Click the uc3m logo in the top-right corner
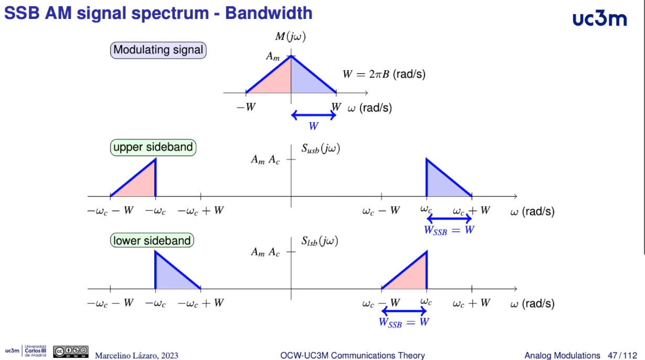(599, 19)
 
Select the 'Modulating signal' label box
(158, 50)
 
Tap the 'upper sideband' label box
(153, 147)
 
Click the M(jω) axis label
(290, 37)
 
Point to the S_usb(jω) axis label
(321, 149)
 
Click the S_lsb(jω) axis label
(320, 241)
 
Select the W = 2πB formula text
(384, 74)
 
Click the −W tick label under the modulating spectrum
(246, 107)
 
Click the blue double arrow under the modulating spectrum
(313, 115)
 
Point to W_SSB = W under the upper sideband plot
(449, 230)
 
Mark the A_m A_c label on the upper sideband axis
(265, 160)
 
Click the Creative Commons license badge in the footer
(70, 352)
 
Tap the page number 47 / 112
(621, 355)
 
